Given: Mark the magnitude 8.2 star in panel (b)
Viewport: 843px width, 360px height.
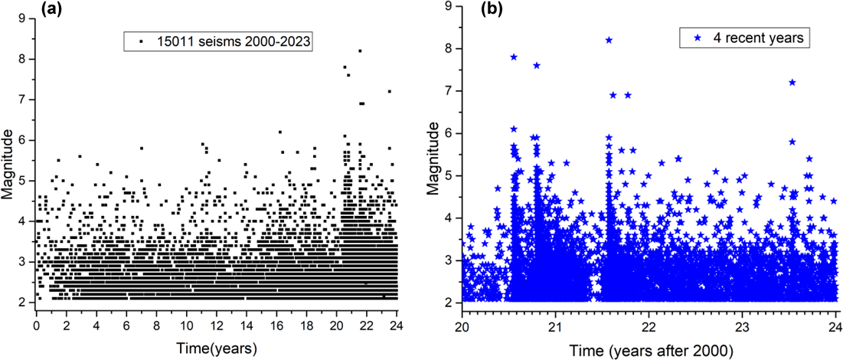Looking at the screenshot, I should pyautogui.click(x=609, y=40).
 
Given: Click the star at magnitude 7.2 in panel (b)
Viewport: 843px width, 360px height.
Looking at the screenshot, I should pyautogui.click(x=792, y=82).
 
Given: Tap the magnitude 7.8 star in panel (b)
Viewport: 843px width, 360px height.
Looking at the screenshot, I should pyautogui.click(x=514, y=57).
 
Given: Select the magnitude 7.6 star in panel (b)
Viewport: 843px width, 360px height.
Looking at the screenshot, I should pyautogui.click(x=537, y=65).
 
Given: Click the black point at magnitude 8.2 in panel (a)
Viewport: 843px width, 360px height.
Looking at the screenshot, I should pyautogui.click(x=359, y=51).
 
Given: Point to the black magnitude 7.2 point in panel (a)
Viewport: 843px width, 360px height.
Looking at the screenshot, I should pyautogui.click(x=389, y=91).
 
